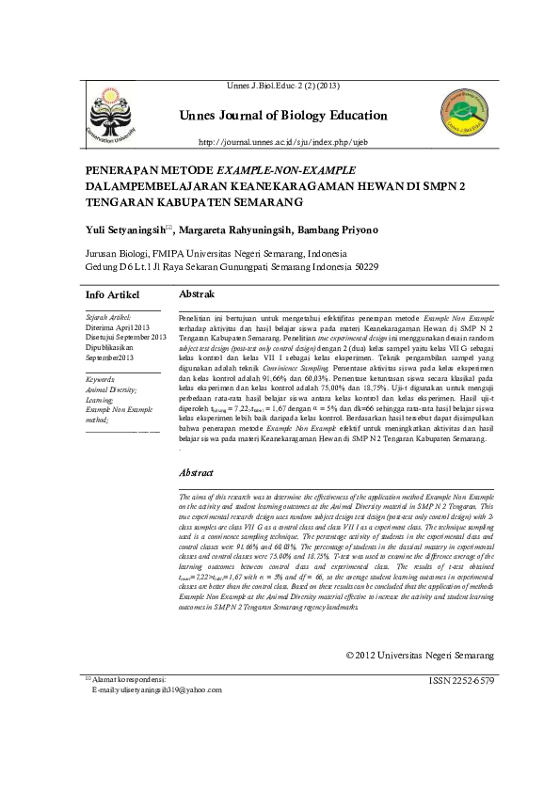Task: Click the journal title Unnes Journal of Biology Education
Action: [x=282, y=116]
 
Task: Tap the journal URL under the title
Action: [x=281, y=142]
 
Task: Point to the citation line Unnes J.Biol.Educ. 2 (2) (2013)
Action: [x=282, y=87]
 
